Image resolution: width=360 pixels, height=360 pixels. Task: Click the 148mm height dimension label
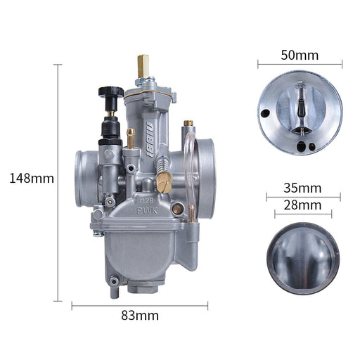(x=32, y=179)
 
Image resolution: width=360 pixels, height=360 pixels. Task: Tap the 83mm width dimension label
(x=140, y=316)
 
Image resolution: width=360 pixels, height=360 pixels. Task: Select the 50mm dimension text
(x=300, y=56)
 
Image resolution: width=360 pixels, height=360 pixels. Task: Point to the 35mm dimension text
(x=302, y=188)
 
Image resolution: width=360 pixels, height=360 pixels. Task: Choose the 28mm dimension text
(x=302, y=205)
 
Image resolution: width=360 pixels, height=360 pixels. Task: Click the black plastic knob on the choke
(x=111, y=91)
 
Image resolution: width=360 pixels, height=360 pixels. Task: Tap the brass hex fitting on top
(x=143, y=66)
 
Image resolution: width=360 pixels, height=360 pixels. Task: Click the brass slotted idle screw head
(x=165, y=184)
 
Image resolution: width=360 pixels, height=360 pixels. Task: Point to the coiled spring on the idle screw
(x=162, y=163)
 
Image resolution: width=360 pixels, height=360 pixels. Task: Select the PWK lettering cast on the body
(x=147, y=211)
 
